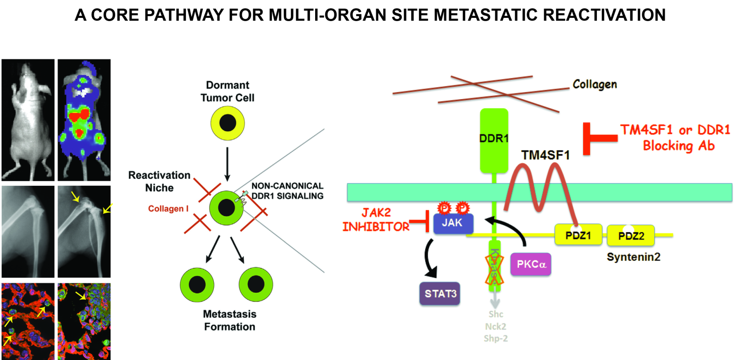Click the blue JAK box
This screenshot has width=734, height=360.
coord(453,223)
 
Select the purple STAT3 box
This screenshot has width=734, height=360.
coord(440,294)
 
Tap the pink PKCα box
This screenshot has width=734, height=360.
coord(531,264)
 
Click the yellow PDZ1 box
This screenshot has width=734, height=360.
coord(578,235)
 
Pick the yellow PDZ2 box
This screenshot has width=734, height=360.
coord(631,236)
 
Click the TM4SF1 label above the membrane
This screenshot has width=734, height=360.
coord(545,155)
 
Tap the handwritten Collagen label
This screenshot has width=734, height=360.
coord(595,84)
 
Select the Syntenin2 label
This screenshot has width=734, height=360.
coord(633,257)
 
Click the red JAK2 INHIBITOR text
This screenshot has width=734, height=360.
coord(376,220)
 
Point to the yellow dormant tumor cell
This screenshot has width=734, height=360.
coord(228,123)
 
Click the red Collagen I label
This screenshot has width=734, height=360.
coord(168,209)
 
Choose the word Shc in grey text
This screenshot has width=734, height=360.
coord(495,314)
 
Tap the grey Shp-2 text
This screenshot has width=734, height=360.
coord(495,338)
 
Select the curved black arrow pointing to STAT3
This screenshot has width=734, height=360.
coord(428,259)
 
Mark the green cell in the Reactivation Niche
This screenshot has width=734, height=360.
coord(226,208)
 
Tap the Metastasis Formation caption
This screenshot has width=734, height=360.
coord(229,320)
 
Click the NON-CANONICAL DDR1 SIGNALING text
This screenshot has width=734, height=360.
coord(287,191)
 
